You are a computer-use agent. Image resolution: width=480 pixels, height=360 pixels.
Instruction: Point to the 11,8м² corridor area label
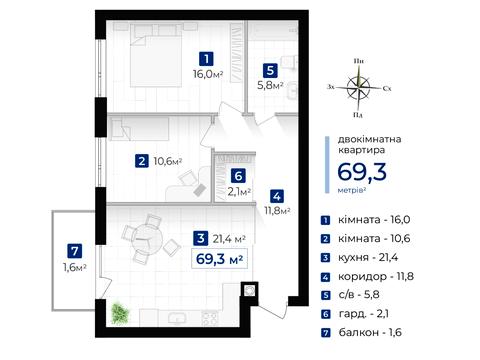(276, 211)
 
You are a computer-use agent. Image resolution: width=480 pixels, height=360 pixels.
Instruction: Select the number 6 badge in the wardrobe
(237, 175)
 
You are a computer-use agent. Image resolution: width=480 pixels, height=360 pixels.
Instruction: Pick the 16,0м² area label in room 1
(206, 73)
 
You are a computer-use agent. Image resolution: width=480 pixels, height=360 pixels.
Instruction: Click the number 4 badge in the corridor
(276, 196)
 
